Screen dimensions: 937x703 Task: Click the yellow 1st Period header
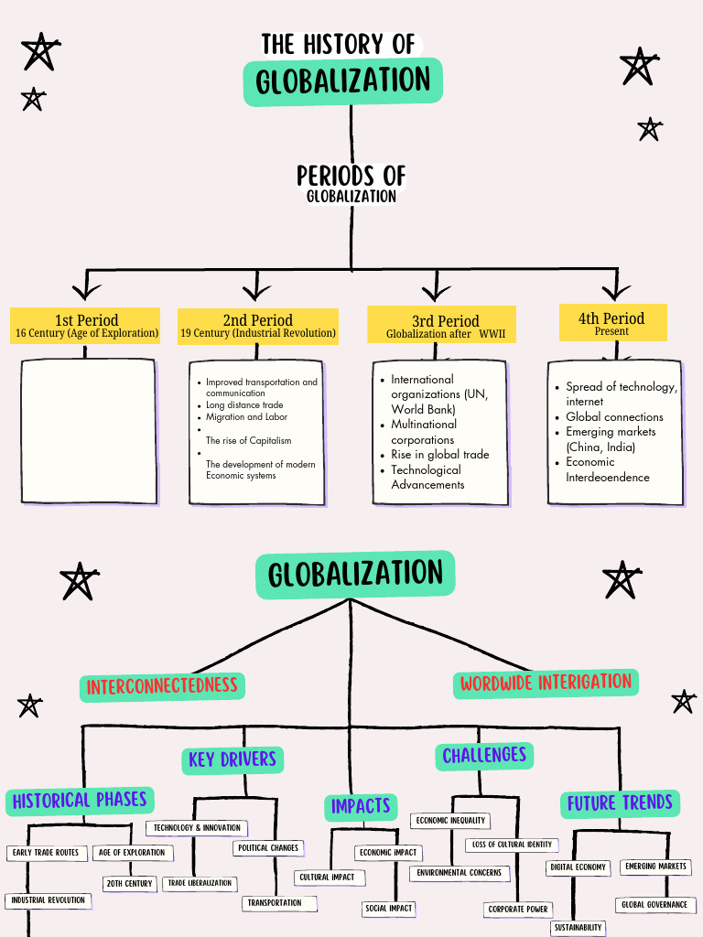tap(86, 326)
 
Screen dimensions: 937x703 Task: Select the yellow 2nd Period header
tap(257, 326)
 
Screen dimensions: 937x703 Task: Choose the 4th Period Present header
tap(611, 323)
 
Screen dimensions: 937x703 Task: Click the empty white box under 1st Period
tap(88, 430)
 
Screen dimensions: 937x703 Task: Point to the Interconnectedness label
tap(162, 685)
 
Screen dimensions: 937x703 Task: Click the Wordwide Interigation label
tap(546, 683)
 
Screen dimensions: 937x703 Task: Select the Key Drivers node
tap(233, 759)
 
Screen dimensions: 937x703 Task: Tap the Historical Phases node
tap(80, 800)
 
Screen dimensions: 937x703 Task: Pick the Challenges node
tap(484, 755)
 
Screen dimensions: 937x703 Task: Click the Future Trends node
tap(620, 803)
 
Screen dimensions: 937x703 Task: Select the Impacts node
tap(361, 806)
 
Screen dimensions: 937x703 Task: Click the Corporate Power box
tap(518, 910)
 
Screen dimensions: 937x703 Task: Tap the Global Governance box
tap(654, 905)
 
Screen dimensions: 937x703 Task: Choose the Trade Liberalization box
tap(200, 884)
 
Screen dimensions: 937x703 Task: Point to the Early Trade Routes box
tap(45, 853)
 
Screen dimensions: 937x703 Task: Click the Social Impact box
tap(389, 909)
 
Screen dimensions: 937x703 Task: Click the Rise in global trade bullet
tap(439, 455)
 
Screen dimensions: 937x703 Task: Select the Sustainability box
tap(578, 928)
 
